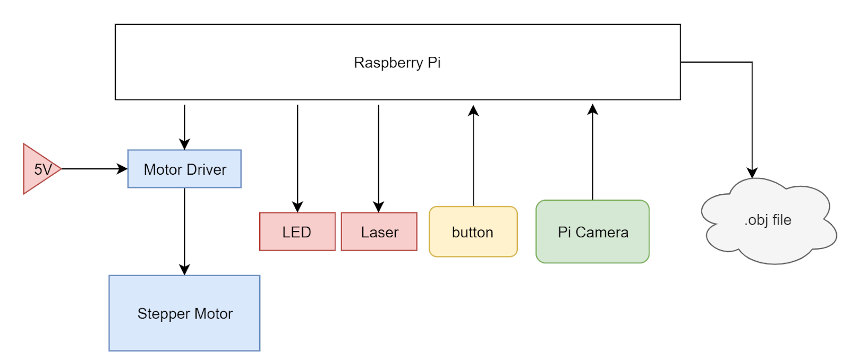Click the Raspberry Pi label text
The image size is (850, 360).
pos(397,63)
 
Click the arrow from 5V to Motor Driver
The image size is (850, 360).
pos(93,169)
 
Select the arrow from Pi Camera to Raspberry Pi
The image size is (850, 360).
pos(593,154)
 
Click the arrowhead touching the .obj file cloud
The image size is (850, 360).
pos(752,173)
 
